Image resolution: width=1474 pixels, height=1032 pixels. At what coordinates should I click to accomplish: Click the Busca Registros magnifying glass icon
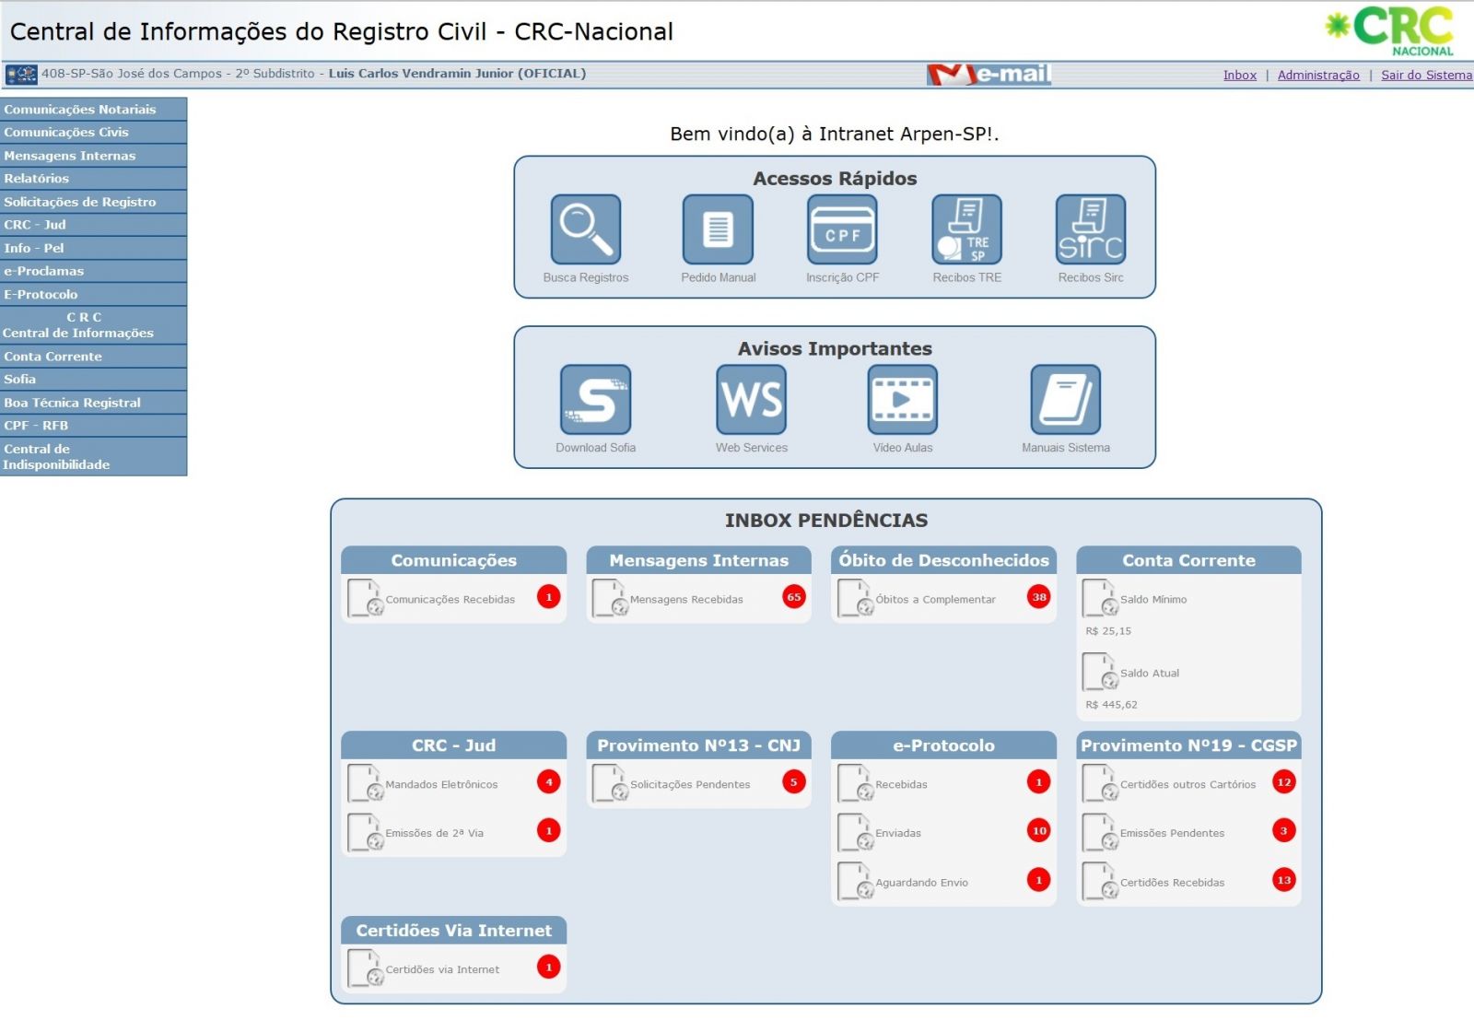point(586,229)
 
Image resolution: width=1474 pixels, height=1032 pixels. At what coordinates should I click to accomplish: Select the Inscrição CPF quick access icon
point(842,229)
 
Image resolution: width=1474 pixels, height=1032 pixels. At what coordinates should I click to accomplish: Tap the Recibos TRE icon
point(966,229)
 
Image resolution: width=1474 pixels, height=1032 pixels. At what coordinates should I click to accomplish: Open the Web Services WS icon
point(752,400)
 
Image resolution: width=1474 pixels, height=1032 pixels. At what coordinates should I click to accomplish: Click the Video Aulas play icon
point(902,400)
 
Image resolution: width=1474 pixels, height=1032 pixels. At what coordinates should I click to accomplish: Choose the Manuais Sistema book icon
point(1065,400)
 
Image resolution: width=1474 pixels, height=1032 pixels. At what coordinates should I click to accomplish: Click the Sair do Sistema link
point(1426,75)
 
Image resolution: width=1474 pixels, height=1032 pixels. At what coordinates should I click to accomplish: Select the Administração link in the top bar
point(1318,75)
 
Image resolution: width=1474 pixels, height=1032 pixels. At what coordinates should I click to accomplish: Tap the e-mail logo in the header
point(989,75)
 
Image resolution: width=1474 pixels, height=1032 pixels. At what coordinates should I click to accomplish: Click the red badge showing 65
point(793,597)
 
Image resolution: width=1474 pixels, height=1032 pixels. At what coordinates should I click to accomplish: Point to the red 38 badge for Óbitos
point(1039,597)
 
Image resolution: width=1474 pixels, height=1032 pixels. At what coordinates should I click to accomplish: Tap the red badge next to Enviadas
point(1039,830)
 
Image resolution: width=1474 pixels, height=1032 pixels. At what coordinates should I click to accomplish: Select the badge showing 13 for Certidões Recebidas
point(1284,880)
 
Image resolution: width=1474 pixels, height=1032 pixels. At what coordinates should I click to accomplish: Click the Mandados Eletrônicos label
point(441,784)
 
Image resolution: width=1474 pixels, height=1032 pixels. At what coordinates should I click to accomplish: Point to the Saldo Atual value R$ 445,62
point(1111,704)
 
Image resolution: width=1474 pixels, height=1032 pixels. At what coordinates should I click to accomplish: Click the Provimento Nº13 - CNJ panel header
point(698,745)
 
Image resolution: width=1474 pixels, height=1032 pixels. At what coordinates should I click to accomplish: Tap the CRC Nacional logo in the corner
point(1389,30)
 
